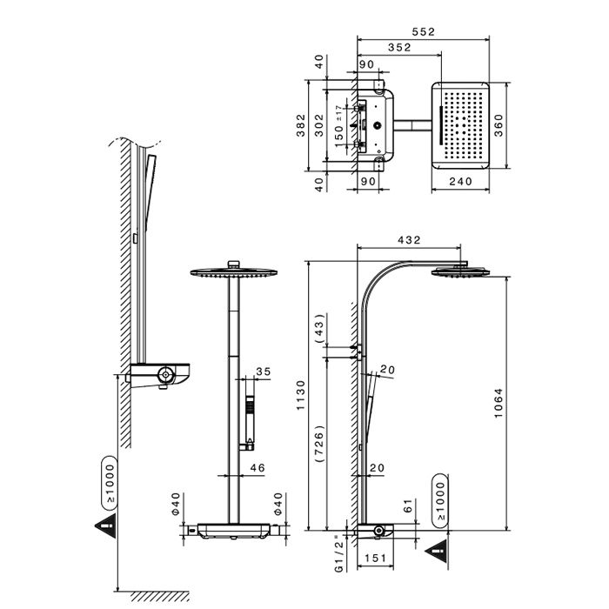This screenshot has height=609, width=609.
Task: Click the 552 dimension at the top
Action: tap(424, 32)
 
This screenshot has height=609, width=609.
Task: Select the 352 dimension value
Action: tap(399, 47)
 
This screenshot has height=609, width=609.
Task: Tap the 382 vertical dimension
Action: tap(301, 125)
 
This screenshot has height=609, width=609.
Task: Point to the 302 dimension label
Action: tap(319, 125)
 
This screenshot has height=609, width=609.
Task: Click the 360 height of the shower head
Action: tap(499, 125)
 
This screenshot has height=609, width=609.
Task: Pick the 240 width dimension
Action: tap(460, 181)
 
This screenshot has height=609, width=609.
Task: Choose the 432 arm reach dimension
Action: tap(409, 240)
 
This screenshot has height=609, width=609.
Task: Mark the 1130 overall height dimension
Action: tap(301, 395)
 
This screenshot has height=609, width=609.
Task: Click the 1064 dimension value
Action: tap(499, 403)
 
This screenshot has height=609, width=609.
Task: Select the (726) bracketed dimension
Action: tap(319, 443)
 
